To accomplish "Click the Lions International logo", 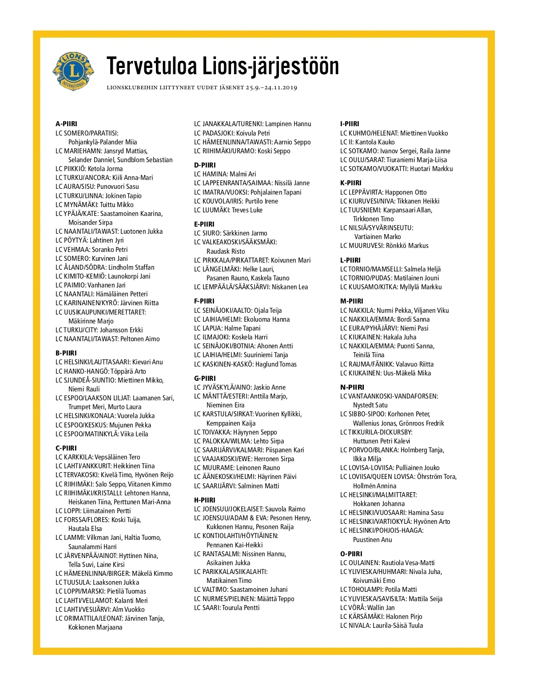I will pyautogui.click(x=73, y=71).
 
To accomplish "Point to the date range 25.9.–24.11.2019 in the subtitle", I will pyautogui.click(x=271, y=88).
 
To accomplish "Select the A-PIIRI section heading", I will pyautogui.click(x=66, y=124).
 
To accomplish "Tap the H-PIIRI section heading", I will pyautogui.click(x=204, y=500).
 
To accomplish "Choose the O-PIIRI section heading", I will pyautogui.click(x=351, y=554).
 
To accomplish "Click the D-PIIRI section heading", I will pyautogui.click(x=204, y=165).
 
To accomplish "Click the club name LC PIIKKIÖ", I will pyautogui.click(x=70, y=169).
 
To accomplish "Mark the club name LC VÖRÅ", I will pyautogui.click(x=352, y=607).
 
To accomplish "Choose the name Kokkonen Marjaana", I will pyautogui.click(x=95, y=627).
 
